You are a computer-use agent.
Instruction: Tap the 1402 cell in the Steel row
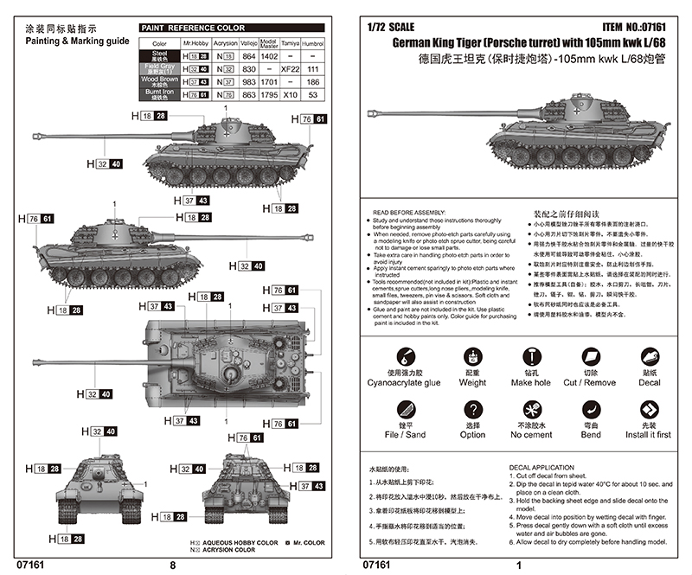pyautogui.click(x=269, y=55)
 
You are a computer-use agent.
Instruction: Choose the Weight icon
pyautogui.click(x=472, y=356)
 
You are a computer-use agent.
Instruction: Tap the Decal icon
pyautogui.click(x=650, y=356)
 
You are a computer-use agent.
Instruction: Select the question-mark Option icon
pyautogui.click(x=472, y=406)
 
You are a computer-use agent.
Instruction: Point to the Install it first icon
pyautogui.click(x=650, y=406)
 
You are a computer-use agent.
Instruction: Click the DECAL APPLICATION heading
pyautogui.click(x=541, y=468)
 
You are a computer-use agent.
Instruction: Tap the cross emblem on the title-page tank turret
pyautogui.click(x=574, y=110)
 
